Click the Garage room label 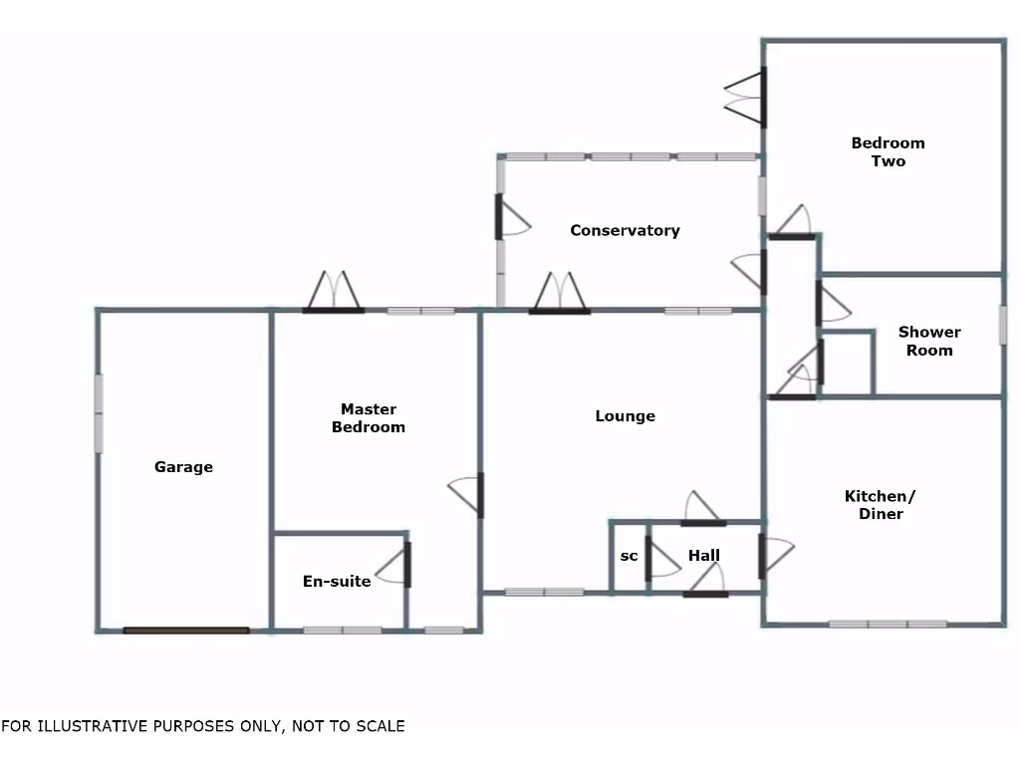click(x=183, y=467)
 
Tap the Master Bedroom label click(x=369, y=418)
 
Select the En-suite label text click(x=337, y=582)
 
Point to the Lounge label click(x=626, y=416)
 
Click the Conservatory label click(x=625, y=231)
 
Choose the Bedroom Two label click(x=888, y=152)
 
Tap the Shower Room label click(x=929, y=341)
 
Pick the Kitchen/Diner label click(x=881, y=505)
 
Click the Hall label click(x=703, y=556)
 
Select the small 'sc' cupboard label click(x=629, y=556)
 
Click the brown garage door click(x=186, y=630)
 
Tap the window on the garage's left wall click(x=99, y=413)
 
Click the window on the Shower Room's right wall click(x=1003, y=326)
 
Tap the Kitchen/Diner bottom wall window click(x=888, y=624)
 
